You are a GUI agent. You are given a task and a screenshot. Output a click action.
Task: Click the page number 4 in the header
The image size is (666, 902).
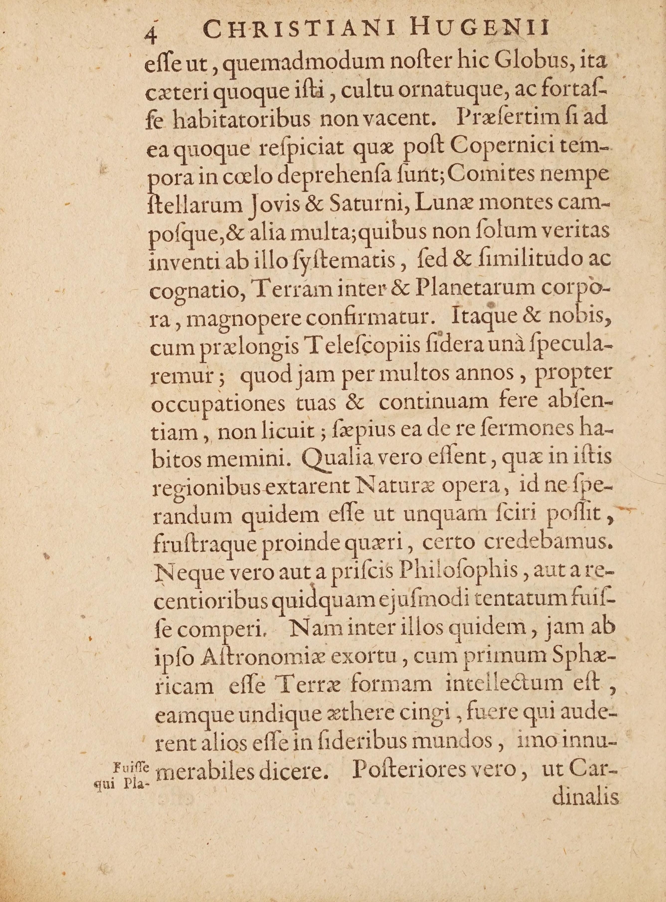pos(151,36)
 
